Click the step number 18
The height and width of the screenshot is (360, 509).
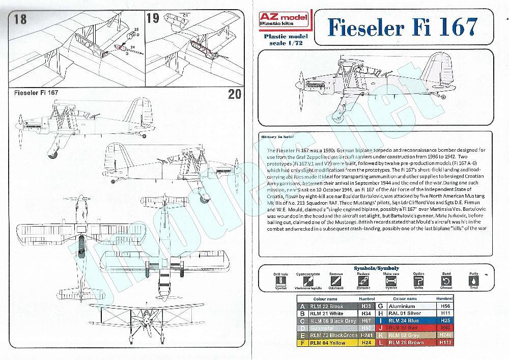(20, 19)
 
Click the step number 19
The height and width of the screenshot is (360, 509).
(152, 19)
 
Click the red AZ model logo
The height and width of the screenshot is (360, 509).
(280, 22)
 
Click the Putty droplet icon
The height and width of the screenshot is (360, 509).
(474, 281)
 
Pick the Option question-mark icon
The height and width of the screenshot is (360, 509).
(418, 281)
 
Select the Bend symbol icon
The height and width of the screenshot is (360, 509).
(446, 281)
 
